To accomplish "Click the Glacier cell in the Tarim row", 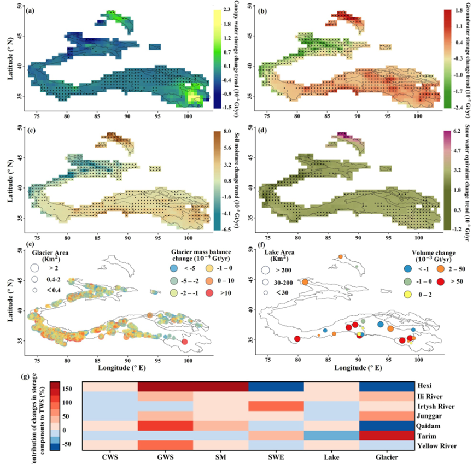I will click(387, 436).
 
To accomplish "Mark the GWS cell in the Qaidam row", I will click(165, 425).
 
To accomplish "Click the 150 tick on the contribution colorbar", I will click(66, 389).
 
